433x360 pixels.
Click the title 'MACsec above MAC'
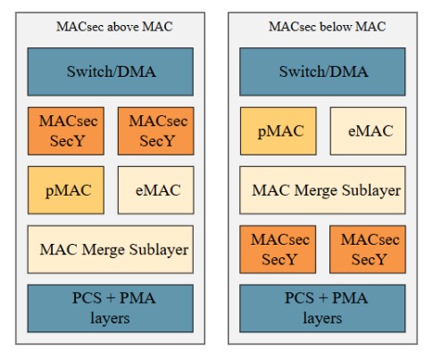(x=114, y=27)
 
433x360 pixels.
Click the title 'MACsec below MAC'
(x=327, y=27)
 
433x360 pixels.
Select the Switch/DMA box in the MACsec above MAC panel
(x=111, y=71)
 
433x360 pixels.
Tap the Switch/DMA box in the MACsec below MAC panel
(x=322, y=71)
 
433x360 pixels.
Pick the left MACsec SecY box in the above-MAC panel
(x=66, y=131)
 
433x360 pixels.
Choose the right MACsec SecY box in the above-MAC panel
(x=156, y=131)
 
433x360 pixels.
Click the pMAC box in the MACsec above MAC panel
(x=66, y=190)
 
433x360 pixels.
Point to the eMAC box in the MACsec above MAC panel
(x=156, y=190)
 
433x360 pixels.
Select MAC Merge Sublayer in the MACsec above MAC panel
(x=111, y=249)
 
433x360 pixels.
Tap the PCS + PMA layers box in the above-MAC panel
(x=111, y=308)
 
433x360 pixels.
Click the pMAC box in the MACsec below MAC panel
(x=279, y=131)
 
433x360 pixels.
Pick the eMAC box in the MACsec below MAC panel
(x=368, y=131)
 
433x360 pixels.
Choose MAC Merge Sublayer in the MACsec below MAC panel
(x=322, y=190)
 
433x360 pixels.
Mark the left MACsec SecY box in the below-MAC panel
(x=278, y=249)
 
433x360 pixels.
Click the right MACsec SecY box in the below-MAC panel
(x=368, y=249)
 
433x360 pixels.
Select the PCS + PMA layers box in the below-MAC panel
(x=322, y=308)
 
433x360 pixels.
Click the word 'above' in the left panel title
(x=122, y=27)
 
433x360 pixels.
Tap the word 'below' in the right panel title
(x=336, y=27)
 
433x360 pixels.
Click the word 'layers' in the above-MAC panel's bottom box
(x=110, y=319)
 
